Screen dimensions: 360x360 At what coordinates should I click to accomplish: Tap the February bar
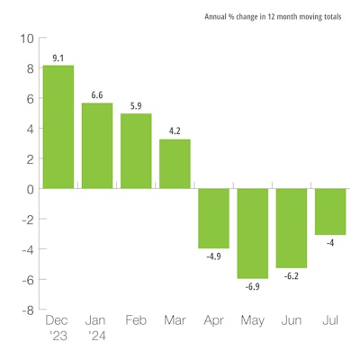tap(136, 151)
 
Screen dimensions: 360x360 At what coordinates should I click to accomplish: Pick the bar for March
tap(175, 164)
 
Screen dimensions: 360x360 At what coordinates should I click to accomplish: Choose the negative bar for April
tap(214, 219)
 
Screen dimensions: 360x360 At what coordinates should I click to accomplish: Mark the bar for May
tap(253, 234)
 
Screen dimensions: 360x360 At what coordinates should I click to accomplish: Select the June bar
tap(292, 229)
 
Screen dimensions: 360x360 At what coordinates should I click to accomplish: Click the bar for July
tap(330, 211)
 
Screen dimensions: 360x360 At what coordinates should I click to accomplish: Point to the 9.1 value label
tap(58, 57)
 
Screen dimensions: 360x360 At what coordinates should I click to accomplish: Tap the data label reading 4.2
tap(175, 130)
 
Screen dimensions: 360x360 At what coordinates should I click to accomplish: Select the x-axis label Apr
tap(214, 320)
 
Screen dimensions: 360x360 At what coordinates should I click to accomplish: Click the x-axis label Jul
tap(330, 320)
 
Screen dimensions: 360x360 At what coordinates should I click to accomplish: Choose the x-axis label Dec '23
tap(58, 328)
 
